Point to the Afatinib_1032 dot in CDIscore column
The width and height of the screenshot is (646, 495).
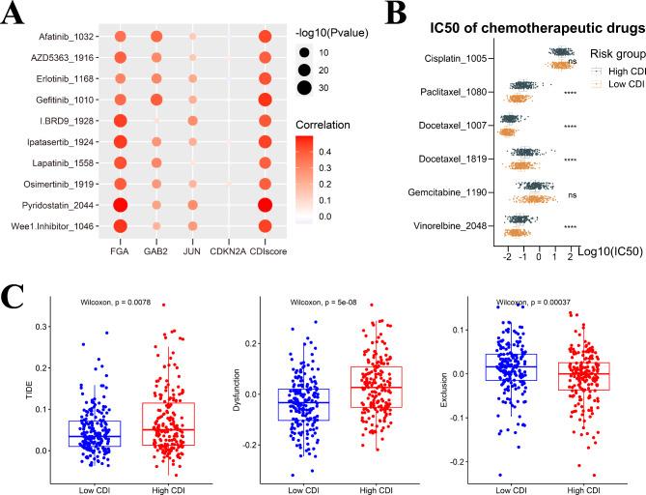(263, 38)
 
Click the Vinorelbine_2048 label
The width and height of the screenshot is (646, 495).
(446, 226)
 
